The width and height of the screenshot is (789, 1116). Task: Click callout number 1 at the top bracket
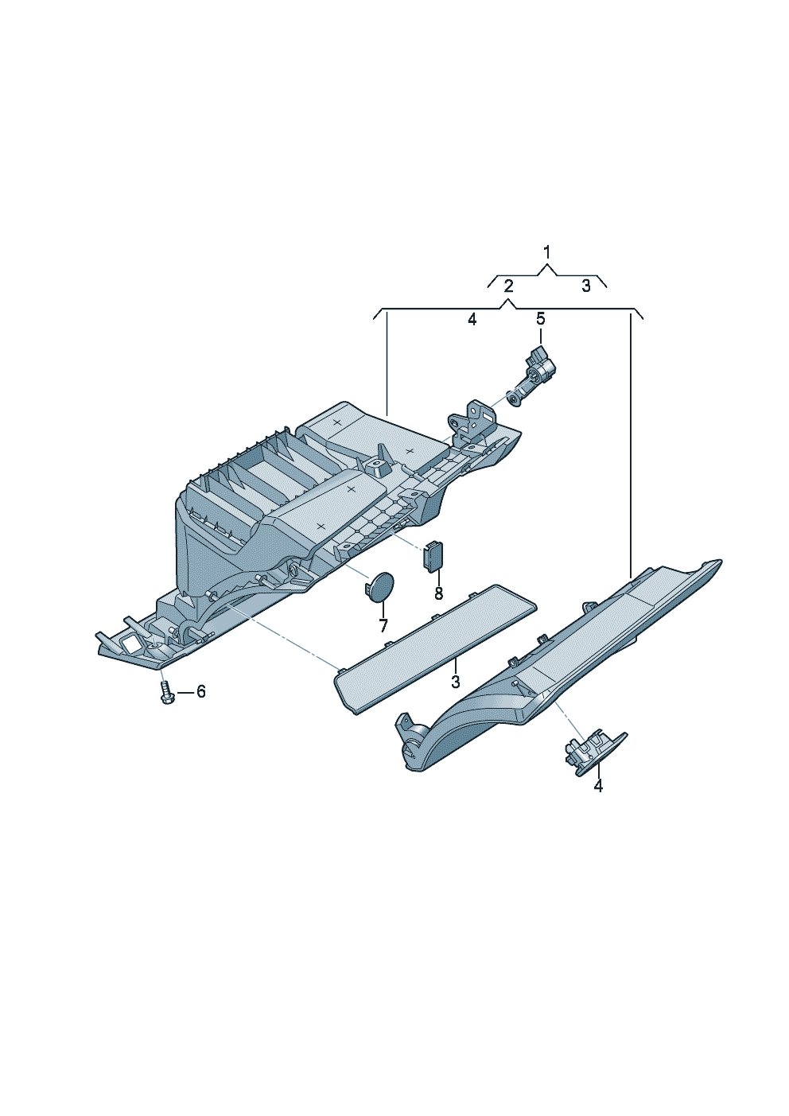click(546, 253)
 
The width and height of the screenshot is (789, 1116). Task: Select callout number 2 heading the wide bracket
click(508, 286)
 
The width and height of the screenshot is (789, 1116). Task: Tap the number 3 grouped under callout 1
click(585, 286)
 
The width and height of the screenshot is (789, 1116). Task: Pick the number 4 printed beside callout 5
click(472, 319)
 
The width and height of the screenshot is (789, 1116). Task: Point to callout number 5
click(540, 319)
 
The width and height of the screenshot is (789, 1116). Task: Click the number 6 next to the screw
click(200, 691)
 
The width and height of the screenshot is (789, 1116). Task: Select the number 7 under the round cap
click(383, 626)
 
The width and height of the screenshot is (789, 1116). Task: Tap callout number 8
click(438, 593)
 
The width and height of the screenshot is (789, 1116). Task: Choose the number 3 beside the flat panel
click(455, 682)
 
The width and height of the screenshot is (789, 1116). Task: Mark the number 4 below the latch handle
click(598, 786)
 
